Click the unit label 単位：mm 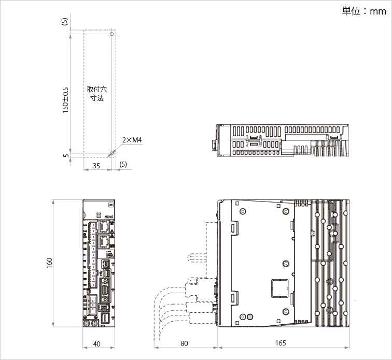364,11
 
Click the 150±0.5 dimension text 65,99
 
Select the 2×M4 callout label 132,140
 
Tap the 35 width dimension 96,165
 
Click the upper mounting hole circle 111,34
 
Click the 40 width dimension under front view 97,343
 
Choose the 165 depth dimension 280,343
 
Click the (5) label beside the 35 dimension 123,165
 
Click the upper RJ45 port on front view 103,226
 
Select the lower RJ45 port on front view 103,241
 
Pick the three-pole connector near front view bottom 92,302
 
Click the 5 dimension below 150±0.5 65,155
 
